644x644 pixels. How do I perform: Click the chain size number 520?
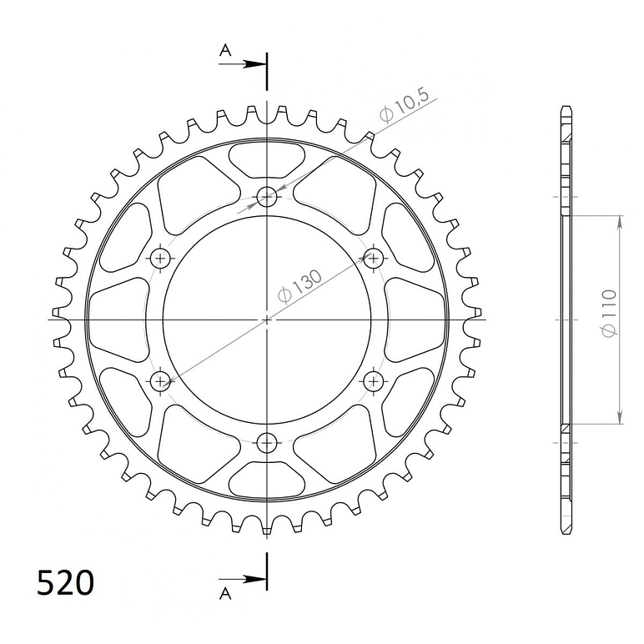tap(65, 582)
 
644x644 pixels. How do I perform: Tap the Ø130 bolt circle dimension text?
tap(300, 286)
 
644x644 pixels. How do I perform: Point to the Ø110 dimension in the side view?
tap(609, 314)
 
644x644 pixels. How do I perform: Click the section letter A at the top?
tap(225, 50)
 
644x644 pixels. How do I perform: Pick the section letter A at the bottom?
tap(225, 593)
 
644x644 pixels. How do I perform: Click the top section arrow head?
tap(254, 64)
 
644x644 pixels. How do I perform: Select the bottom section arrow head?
tap(254, 580)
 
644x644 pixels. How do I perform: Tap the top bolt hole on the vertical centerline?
tap(267, 198)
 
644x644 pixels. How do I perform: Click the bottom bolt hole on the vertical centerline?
tap(267, 443)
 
